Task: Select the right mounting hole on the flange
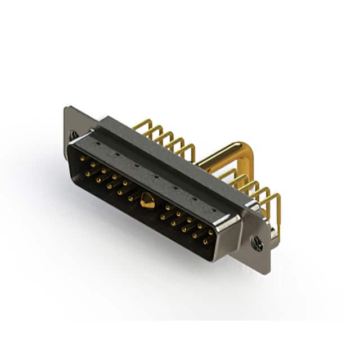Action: click(x=257, y=243)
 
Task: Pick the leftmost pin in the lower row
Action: click(x=88, y=174)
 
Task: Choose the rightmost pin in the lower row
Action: click(x=205, y=241)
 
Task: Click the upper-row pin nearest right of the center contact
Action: click(x=167, y=208)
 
